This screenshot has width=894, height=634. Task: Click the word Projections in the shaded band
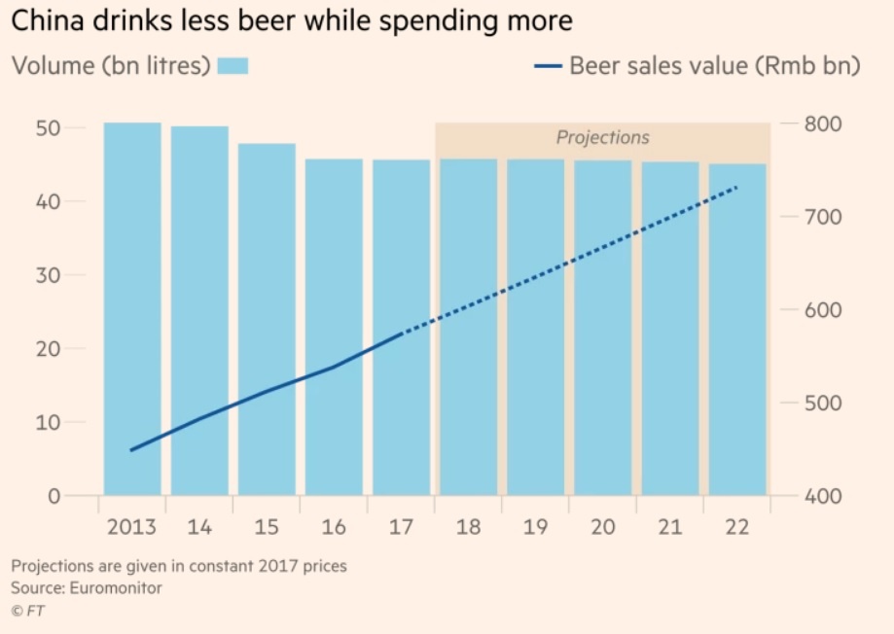click(x=602, y=137)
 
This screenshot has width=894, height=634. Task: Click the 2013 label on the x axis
click(x=132, y=527)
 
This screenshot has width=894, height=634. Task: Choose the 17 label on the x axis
click(x=401, y=527)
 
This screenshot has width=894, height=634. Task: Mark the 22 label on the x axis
click(x=736, y=527)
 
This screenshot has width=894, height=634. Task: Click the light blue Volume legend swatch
click(x=232, y=66)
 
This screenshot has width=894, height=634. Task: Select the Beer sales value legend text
click(x=714, y=66)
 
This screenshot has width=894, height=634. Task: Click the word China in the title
click(x=45, y=19)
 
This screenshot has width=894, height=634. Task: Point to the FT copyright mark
click(x=27, y=612)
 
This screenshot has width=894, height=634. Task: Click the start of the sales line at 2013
click(x=132, y=450)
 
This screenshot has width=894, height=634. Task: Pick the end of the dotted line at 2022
click(x=736, y=187)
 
